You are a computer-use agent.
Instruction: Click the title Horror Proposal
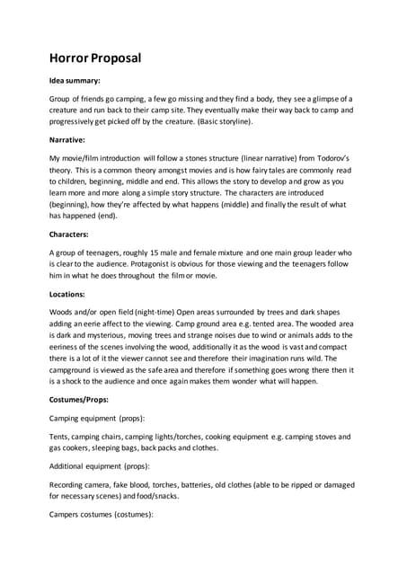pos(94,59)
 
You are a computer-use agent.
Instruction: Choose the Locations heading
pos(71,294)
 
